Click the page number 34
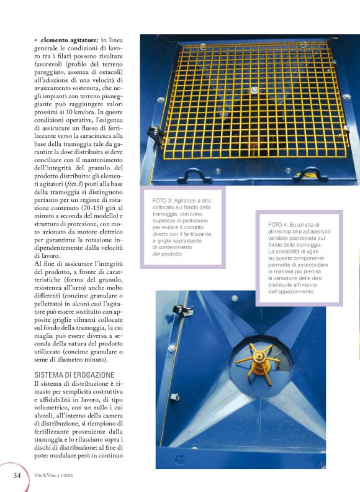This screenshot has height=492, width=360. (17, 476)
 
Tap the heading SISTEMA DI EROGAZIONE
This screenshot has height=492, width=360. (74, 375)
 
